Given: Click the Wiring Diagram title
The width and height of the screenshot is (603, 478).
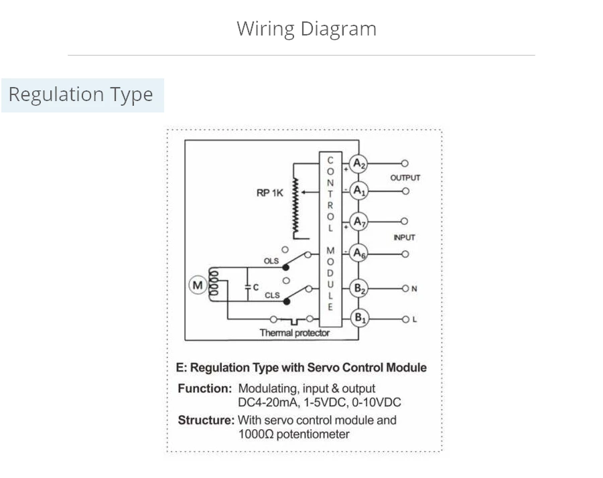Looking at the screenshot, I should point(306,29).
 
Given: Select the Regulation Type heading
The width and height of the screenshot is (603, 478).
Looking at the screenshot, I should point(80,94).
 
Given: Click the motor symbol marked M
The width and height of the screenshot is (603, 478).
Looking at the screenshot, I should point(197,286).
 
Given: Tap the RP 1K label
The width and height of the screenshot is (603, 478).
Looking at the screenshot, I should point(270,193).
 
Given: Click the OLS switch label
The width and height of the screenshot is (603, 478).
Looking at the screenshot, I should point(271,260).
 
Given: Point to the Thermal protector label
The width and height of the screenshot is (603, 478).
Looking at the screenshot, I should point(295,333).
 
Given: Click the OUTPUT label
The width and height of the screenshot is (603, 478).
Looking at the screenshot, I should point(405,177).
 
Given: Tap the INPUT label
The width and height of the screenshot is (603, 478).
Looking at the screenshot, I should point(404,237).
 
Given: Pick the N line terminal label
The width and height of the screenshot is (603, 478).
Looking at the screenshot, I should point(414,289).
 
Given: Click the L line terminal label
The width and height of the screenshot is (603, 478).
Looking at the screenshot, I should point(414,319).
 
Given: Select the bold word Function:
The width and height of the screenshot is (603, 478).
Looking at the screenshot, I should point(205,388).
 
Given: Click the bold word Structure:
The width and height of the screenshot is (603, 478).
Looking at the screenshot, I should point(206,420).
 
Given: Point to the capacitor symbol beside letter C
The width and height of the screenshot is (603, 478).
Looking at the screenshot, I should point(247,287).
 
